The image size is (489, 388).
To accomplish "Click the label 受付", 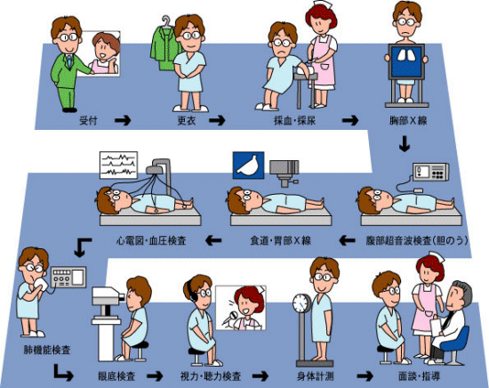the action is click(88, 120).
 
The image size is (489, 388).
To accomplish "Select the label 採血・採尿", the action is click(294, 120).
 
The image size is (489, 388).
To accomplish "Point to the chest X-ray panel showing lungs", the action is click(406, 61).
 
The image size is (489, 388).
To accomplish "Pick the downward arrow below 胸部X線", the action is click(405, 143).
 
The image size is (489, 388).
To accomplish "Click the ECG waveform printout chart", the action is click(118, 166).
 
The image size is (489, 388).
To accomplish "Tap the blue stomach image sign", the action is click(249, 166).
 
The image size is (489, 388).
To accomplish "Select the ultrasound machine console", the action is click(431, 172).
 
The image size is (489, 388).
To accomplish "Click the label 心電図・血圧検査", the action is click(151, 241).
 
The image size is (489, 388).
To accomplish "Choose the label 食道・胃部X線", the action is click(281, 241).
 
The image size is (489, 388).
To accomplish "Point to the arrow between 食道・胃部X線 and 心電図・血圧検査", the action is click(213, 240).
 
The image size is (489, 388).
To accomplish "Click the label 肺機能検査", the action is click(47, 350).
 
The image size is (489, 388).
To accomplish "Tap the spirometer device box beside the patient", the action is click(68, 277).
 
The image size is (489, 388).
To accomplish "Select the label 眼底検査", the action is click(116, 376).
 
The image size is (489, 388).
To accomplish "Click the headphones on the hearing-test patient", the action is click(192, 292).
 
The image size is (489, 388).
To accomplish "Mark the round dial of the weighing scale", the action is click(301, 303).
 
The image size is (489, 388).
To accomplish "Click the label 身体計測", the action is click(316, 376).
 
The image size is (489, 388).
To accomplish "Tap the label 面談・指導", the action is click(419, 376).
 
